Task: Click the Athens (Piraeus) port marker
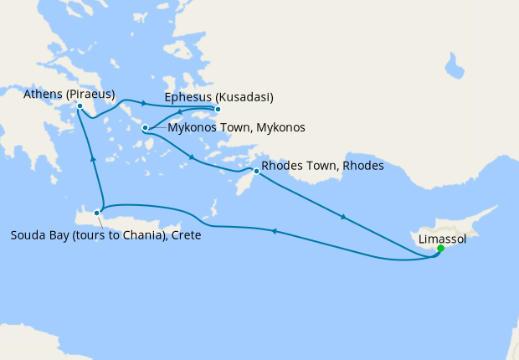click(x=80, y=106)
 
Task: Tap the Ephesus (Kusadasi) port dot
click(x=218, y=110)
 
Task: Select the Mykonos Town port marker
click(x=146, y=128)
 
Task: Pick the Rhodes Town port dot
click(x=256, y=171)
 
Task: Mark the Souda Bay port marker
click(x=98, y=213)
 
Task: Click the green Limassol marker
click(x=440, y=248)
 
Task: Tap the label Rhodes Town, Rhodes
click(x=322, y=166)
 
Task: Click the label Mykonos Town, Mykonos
click(x=236, y=128)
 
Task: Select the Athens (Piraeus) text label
click(x=69, y=93)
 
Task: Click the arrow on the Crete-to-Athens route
click(x=92, y=157)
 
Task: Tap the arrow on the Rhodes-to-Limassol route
click(x=342, y=218)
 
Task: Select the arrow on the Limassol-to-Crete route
click(x=273, y=231)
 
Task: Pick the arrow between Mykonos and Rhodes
click(x=193, y=158)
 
